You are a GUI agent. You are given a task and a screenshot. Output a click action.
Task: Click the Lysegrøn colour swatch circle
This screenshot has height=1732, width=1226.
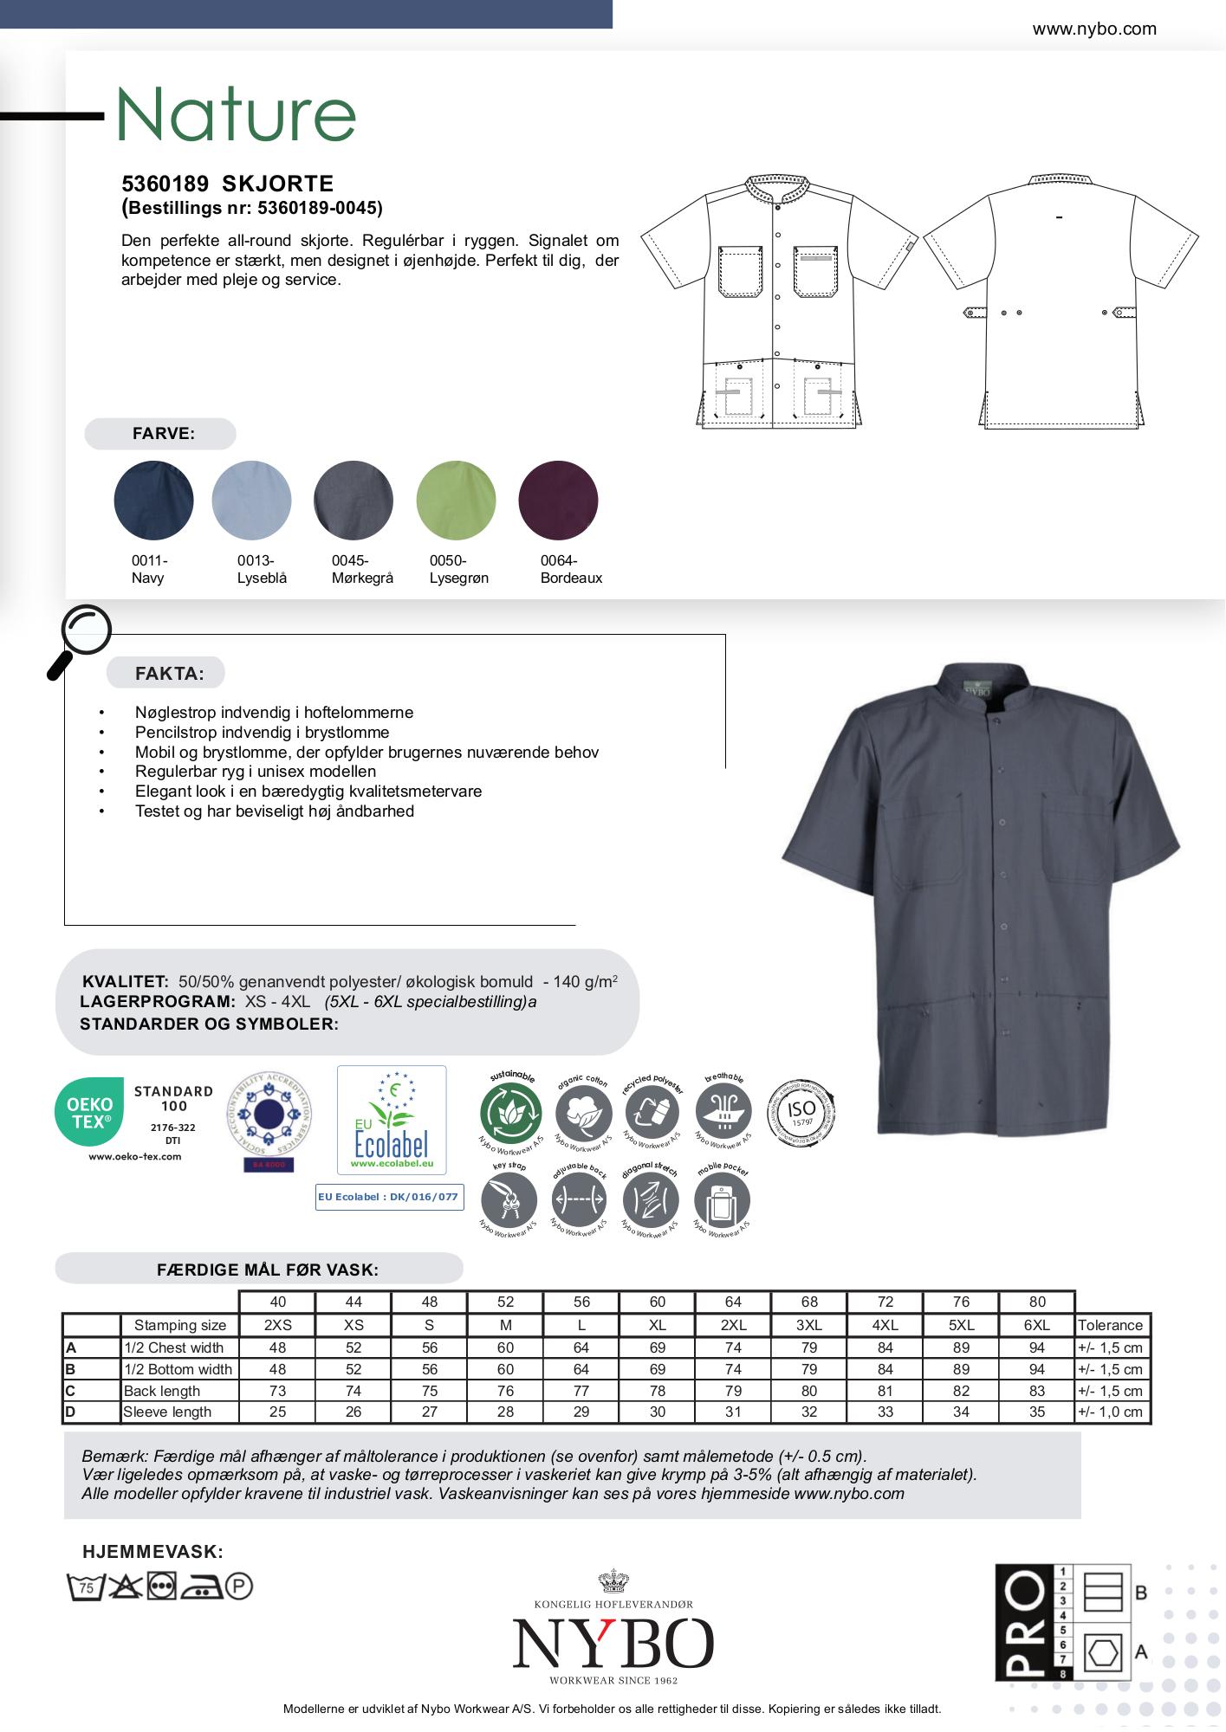(456, 501)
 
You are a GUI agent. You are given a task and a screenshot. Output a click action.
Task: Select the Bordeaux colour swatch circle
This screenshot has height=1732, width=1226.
(558, 501)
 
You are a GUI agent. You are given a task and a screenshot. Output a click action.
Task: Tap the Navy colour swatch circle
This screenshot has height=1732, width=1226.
(153, 501)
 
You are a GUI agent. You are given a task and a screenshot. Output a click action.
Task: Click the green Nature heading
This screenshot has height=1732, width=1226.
(236, 114)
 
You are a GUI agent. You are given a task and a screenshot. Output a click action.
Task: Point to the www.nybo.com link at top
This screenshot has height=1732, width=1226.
(1093, 29)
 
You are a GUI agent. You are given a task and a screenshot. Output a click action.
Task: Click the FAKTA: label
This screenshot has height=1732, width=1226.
(169, 674)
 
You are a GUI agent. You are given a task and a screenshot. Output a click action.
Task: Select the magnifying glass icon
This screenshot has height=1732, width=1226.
(80, 639)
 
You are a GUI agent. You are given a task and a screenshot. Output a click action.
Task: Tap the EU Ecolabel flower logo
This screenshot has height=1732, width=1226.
(392, 1119)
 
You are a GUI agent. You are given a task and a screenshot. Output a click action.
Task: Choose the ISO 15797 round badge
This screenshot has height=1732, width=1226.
(801, 1112)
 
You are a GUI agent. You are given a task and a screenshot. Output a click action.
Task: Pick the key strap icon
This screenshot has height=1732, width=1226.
(509, 1200)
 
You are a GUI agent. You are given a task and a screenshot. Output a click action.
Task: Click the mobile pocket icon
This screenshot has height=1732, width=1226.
(722, 1200)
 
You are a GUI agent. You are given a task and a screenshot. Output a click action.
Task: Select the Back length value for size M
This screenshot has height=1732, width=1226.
(505, 1391)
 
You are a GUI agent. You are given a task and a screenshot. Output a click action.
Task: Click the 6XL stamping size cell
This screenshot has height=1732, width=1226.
(1036, 1325)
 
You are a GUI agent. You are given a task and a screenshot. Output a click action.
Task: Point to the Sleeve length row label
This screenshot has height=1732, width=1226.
(167, 1412)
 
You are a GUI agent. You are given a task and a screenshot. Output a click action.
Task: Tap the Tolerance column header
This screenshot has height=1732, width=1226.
(1110, 1325)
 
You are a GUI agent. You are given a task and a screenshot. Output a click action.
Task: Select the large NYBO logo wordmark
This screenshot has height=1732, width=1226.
(613, 1643)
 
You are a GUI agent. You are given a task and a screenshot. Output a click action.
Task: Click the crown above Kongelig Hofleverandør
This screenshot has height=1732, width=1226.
(613, 1581)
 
